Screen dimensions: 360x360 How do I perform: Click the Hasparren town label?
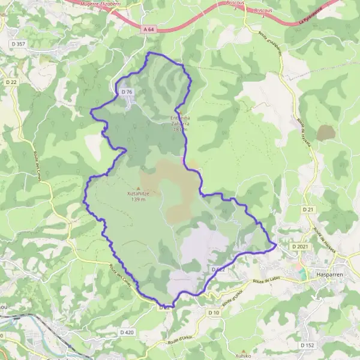[x=329, y=274]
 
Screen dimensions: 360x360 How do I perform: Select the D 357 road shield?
[x=20, y=44]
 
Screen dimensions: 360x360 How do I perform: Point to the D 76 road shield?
[x=126, y=91]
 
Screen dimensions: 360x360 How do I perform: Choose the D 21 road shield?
[x=308, y=209]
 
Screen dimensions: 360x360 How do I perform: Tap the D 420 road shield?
[x=127, y=332]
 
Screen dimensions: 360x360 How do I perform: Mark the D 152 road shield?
[x=307, y=345]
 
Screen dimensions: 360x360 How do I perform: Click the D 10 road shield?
[x=214, y=313]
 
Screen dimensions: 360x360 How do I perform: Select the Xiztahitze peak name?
[x=138, y=193]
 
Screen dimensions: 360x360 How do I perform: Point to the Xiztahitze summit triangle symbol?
[x=138, y=188]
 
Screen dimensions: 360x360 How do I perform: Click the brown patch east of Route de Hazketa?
[x=326, y=133]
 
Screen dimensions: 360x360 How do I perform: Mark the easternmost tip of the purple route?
[x=275, y=244]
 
